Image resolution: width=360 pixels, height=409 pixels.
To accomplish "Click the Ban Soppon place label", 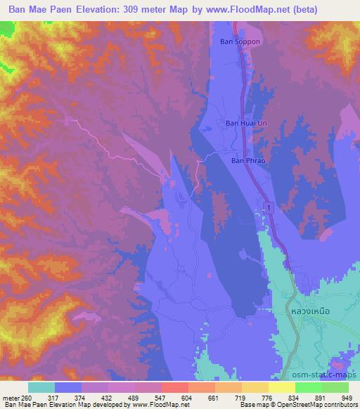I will pyautogui.click(x=241, y=41).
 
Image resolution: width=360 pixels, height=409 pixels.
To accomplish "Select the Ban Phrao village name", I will pyautogui.click(x=246, y=160).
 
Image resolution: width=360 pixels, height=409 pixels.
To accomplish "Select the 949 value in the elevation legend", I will pyautogui.click(x=347, y=398).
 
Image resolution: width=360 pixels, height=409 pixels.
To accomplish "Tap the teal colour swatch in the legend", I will pyautogui.click(x=41, y=387).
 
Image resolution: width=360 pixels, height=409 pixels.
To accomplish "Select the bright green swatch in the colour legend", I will pyautogui.click(x=309, y=387).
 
